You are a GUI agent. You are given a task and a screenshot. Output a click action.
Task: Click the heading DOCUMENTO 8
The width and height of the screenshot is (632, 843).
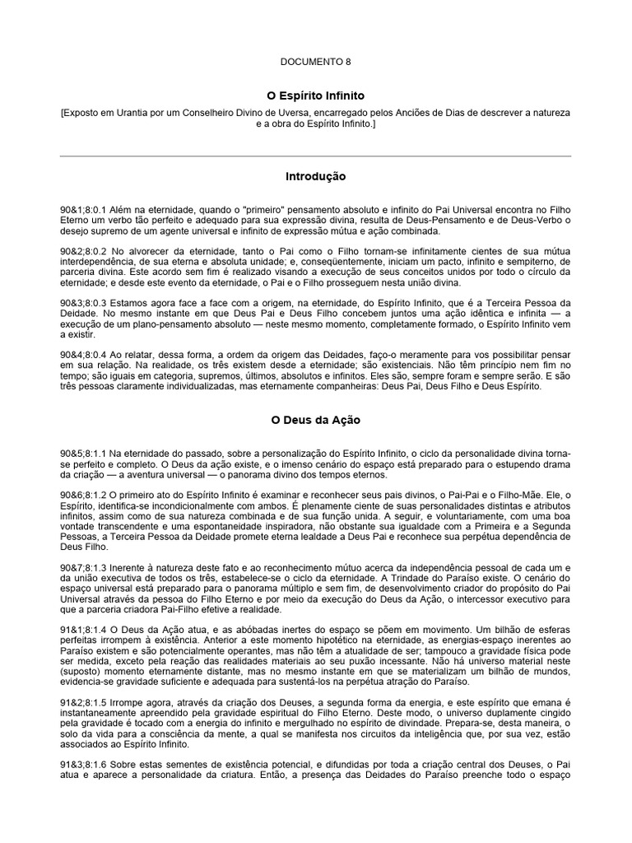[316, 61]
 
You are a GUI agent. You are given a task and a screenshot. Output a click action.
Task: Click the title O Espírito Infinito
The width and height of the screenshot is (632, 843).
[316, 96]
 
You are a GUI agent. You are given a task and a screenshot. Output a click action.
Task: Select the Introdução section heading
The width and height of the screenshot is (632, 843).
[316, 176]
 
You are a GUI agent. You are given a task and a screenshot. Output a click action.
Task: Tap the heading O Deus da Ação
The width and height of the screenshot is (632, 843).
[316, 420]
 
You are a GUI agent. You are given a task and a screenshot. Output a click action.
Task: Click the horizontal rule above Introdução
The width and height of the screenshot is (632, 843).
[316, 156]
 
